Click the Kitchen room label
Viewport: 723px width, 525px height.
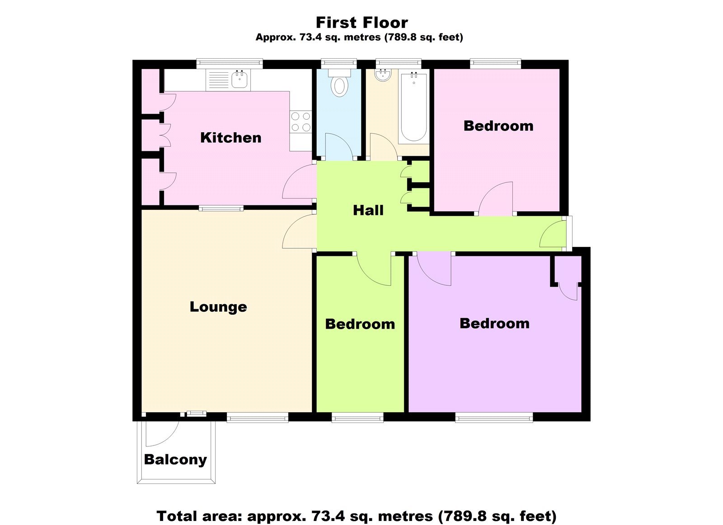(x=230, y=138)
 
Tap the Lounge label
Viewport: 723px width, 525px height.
(x=218, y=307)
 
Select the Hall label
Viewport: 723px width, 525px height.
(x=368, y=210)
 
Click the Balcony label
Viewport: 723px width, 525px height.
(x=175, y=460)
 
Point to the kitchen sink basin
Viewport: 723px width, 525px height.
(x=239, y=80)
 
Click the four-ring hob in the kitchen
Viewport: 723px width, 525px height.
(x=301, y=122)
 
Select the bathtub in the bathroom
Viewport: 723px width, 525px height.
(x=413, y=107)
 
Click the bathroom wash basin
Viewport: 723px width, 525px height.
(x=384, y=75)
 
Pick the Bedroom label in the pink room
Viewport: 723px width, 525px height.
(x=498, y=126)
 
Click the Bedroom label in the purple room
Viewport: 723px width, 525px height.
(x=494, y=324)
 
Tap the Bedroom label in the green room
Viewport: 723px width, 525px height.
(x=360, y=324)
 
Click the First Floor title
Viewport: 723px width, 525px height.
(x=361, y=22)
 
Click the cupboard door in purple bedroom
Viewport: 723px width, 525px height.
(x=568, y=291)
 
